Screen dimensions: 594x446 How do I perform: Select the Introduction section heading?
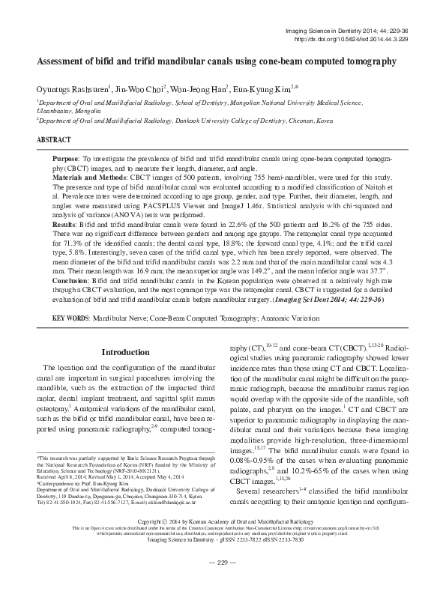point(126,352)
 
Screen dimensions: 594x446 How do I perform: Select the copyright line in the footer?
point(223,540)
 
